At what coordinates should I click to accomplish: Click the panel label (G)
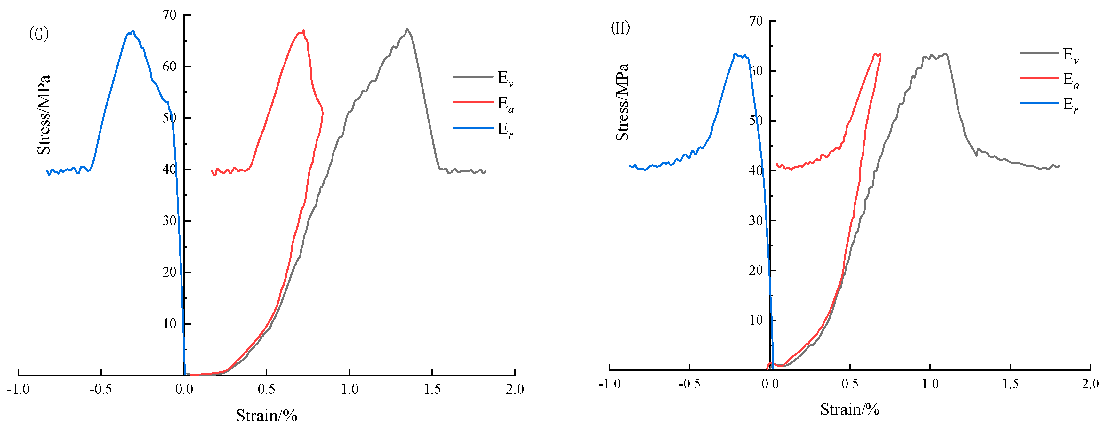39,34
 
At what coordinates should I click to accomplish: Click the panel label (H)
620,28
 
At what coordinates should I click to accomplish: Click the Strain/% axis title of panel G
266,415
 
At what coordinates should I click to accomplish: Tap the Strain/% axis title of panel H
849,409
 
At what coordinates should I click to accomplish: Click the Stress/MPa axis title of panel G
44,115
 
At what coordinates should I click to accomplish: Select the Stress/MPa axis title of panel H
622,102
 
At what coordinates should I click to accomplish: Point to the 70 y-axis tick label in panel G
170,15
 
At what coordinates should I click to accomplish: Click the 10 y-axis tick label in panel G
170,324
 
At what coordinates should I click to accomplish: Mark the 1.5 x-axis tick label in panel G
432,389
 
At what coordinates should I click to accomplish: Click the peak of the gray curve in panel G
407,29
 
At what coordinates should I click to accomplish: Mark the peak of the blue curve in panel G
132,31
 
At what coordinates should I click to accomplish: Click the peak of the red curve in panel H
875,54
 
